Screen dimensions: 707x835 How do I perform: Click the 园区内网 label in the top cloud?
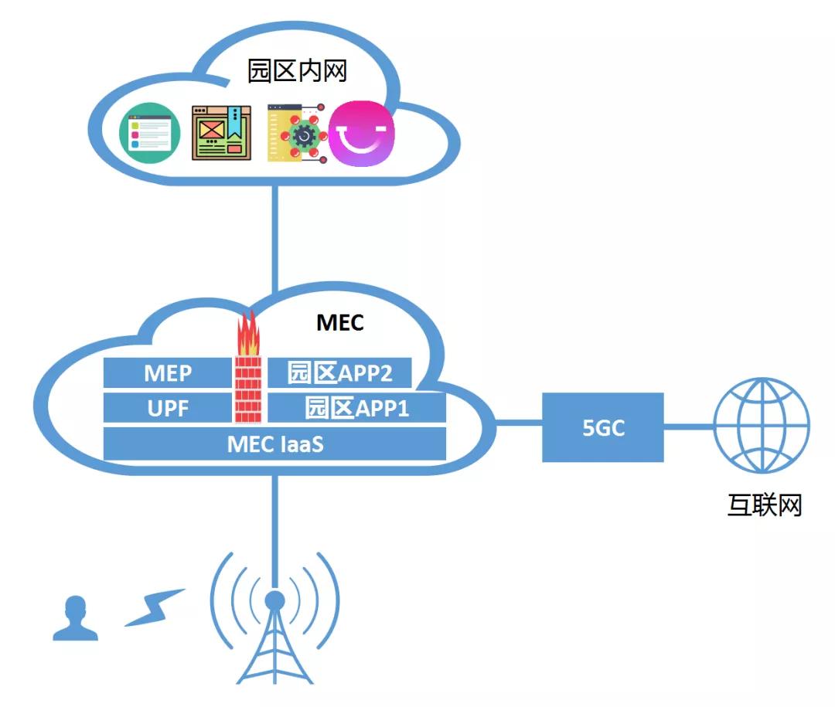click(296, 71)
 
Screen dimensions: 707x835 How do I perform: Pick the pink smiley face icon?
click(362, 134)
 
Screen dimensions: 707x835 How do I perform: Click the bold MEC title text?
click(339, 322)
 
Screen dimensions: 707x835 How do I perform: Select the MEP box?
click(168, 374)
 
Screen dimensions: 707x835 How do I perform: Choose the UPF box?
click(168, 408)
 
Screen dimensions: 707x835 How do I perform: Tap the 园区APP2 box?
click(339, 373)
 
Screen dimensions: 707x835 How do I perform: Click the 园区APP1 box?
click(356, 408)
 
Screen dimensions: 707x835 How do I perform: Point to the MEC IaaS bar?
click(274, 444)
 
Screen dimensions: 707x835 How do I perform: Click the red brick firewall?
click(248, 389)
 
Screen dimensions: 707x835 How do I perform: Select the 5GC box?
click(603, 427)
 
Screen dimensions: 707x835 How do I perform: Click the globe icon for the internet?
click(761, 425)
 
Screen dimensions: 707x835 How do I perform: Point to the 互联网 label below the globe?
click(764, 505)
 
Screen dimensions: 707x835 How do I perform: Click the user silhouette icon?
click(75, 619)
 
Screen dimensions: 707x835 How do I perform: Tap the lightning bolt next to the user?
click(155, 607)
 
